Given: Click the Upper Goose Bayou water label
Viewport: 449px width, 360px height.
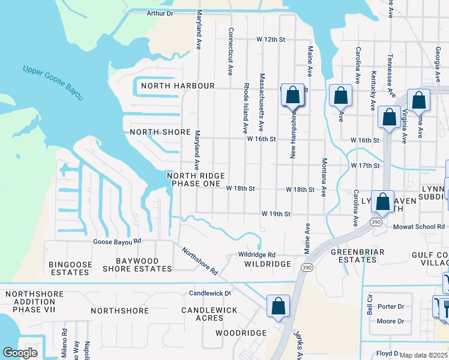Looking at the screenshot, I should [53, 83].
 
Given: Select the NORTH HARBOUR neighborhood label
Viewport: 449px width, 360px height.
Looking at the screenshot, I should [178, 86].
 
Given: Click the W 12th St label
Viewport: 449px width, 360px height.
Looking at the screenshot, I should [270, 40].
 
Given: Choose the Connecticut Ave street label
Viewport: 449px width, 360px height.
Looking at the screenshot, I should [229, 51].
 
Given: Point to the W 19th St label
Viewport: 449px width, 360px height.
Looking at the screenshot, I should [276, 214].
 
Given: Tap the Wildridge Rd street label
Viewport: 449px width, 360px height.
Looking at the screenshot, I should [256, 254].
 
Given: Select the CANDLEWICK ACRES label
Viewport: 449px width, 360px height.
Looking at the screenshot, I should [209, 314].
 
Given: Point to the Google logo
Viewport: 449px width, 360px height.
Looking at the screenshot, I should [20, 353].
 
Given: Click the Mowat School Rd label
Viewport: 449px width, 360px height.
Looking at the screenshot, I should [420, 227].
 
